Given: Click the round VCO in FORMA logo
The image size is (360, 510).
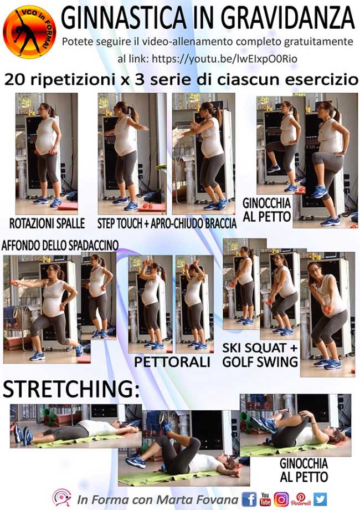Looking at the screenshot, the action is (29, 32).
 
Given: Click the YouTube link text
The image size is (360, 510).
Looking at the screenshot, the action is (224, 59).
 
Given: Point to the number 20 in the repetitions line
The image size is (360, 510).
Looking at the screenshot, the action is (16, 80).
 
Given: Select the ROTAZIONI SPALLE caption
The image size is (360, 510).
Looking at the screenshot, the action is (47, 223).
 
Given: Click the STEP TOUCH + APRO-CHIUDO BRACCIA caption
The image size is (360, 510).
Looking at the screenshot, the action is (167, 223).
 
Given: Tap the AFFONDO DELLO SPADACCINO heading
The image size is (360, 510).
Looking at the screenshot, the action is (60, 246).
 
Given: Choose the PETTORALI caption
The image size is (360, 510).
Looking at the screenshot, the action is (172, 362).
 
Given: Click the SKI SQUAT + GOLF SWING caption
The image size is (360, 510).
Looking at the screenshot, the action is (260, 355).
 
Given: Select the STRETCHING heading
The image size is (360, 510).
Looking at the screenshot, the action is (71, 389).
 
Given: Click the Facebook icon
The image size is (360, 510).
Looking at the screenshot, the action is (249, 499).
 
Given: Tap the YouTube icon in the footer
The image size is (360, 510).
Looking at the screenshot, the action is (265, 499).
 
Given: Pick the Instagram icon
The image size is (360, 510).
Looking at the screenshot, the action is (281, 499).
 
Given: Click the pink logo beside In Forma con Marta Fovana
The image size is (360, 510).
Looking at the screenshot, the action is (61, 498).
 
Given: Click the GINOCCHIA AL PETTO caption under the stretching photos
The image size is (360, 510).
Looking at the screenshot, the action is (304, 470).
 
